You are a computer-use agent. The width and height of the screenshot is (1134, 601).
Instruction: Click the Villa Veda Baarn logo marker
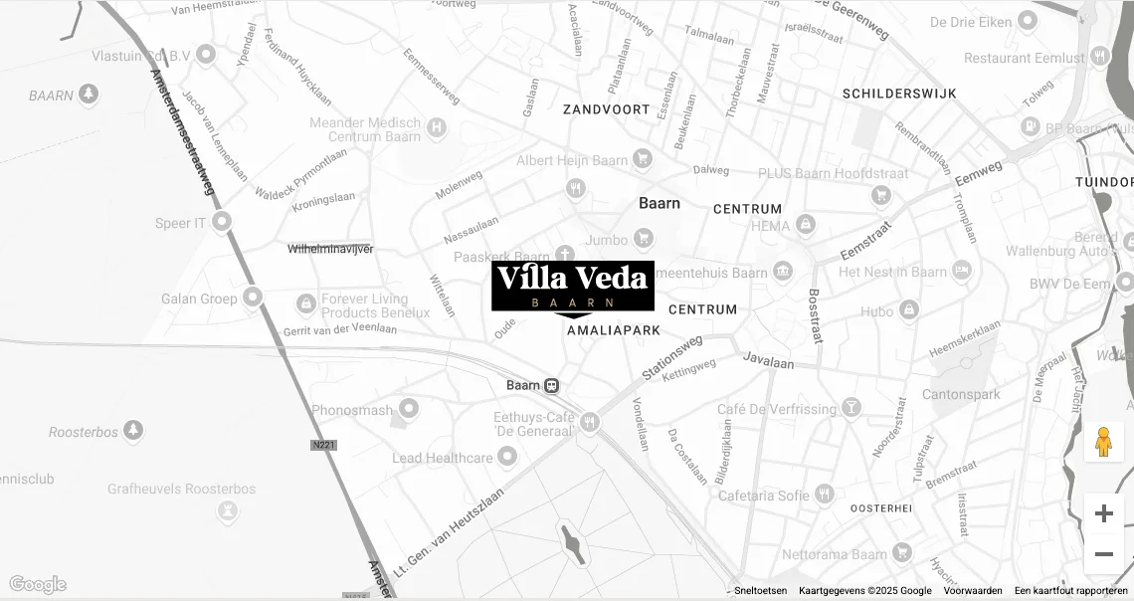click(573, 287)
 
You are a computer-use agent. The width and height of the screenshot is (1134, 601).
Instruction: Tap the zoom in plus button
click(1103, 513)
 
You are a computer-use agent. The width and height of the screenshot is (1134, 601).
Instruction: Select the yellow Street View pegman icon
click(1103, 442)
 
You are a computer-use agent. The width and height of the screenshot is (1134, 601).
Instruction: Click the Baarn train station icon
click(551, 386)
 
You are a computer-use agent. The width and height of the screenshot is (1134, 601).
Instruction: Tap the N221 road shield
click(323, 445)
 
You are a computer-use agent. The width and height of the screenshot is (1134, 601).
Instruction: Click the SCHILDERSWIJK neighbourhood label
click(899, 94)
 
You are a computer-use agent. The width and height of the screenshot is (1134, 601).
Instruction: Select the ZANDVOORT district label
click(606, 109)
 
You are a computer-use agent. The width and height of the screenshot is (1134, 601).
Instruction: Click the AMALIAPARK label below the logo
click(614, 329)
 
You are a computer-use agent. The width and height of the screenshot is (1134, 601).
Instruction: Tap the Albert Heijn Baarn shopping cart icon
click(643, 159)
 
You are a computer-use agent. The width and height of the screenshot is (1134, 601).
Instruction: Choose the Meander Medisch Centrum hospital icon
click(436, 127)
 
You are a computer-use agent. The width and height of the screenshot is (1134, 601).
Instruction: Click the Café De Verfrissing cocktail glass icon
click(851, 408)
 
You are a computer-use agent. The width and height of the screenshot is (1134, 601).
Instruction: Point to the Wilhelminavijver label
click(330, 249)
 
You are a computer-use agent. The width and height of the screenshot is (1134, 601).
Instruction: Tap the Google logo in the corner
click(38, 584)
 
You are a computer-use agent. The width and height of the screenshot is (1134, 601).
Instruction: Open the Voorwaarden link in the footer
click(973, 591)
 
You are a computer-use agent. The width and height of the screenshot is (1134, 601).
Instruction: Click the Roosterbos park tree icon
click(133, 431)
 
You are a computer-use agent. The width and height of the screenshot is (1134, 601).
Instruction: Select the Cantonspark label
click(961, 395)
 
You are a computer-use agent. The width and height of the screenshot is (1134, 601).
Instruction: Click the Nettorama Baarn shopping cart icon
click(901, 552)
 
